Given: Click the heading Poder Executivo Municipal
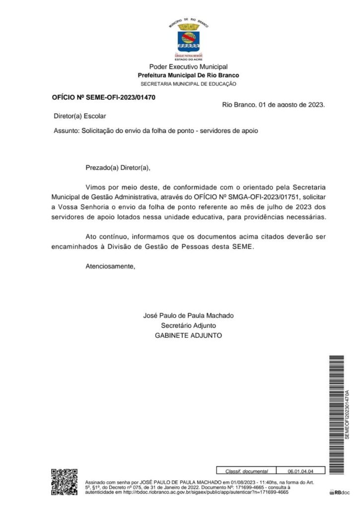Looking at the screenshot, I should point(188,67).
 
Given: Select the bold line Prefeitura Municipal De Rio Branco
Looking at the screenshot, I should point(188,75).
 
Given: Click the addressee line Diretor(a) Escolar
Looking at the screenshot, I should point(79,116).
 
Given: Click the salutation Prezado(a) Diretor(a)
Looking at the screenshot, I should point(117,168).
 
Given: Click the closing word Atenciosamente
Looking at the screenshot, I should point(110,266).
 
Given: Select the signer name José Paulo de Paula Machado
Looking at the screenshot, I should point(188,316).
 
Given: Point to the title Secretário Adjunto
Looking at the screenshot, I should point(188,325).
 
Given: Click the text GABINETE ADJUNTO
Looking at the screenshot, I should point(188,336).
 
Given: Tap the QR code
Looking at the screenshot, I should point(65,482).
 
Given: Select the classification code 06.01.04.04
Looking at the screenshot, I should point(300,471).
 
